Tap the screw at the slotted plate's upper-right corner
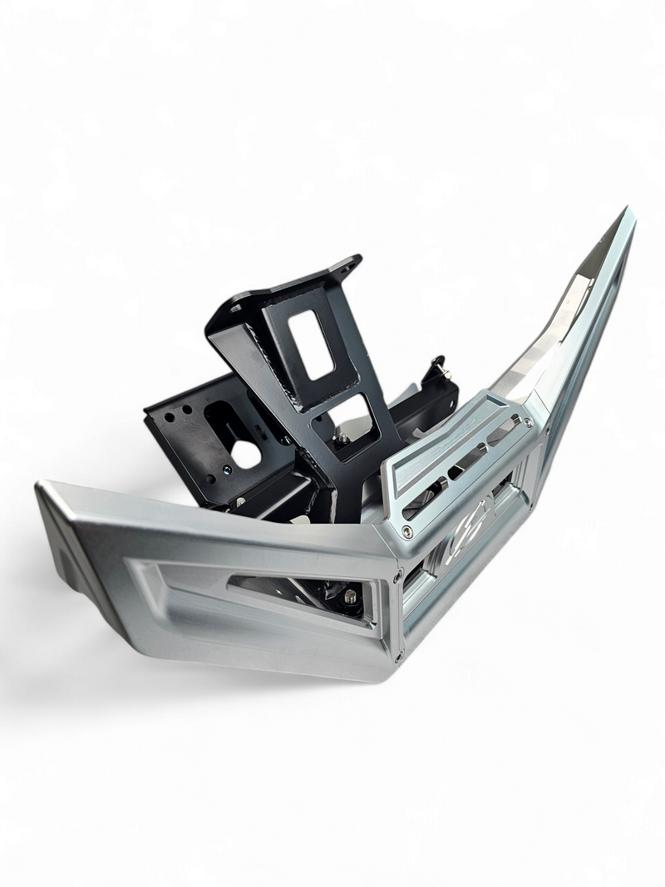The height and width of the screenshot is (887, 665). coord(526,421)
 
